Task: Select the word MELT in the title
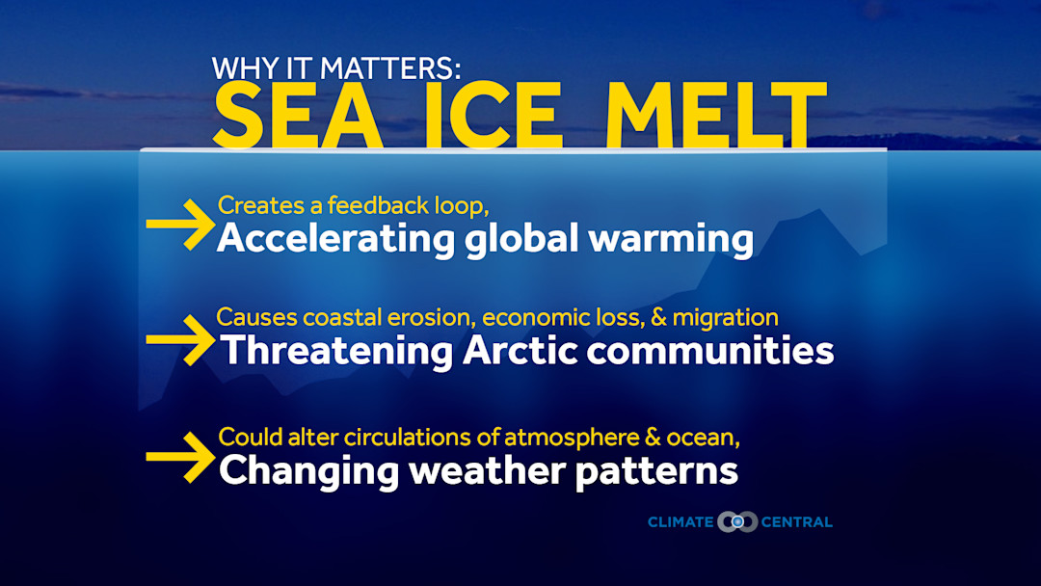708,116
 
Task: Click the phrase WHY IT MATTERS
337,68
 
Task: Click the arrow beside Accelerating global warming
179,225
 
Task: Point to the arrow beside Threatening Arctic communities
179,339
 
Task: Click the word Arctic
520,351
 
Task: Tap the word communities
710,351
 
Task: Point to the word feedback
373,205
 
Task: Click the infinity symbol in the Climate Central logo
737,522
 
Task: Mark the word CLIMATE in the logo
681,522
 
